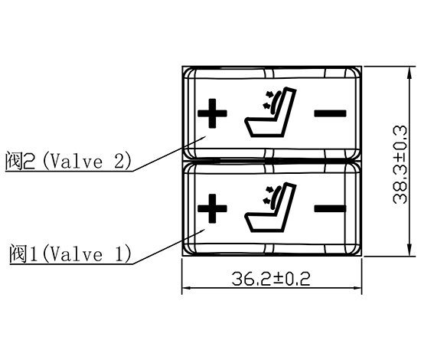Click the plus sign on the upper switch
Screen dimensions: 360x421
click(213, 115)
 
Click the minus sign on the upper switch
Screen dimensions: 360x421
click(330, 113)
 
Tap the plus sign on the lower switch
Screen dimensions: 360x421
click(213, 208)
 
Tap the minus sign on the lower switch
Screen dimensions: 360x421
click(330, 208)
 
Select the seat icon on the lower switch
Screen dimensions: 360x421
click(269, 208)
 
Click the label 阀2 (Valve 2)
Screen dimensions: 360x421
click(69, 162)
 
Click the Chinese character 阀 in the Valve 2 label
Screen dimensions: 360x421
click(12, 162)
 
